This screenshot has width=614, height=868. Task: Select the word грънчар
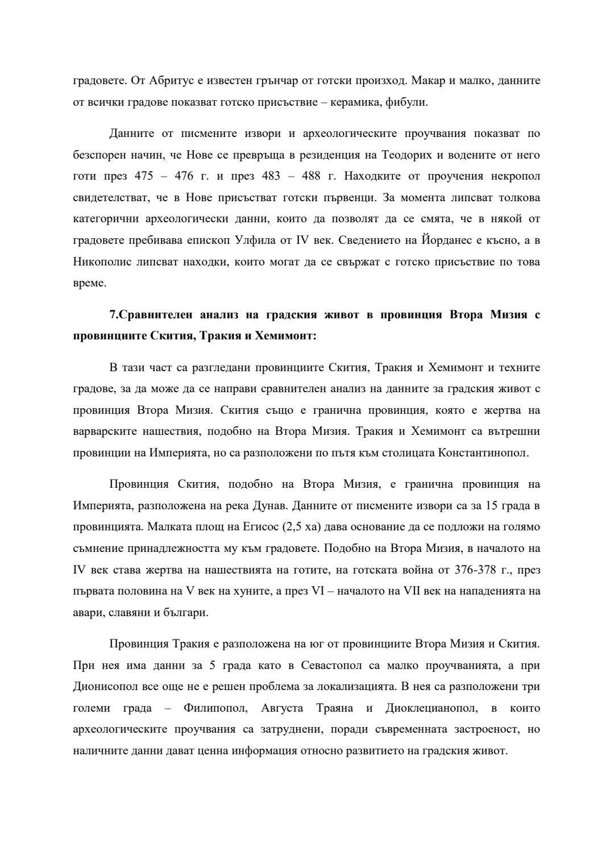click(x=265, y=81)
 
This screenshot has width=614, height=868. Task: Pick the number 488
click(x=311, y=176)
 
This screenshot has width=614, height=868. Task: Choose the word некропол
click(x=514, y=176)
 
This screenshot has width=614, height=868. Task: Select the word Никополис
click(x=99, y=261)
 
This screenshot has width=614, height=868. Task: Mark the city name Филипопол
click(x=216, y=708)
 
